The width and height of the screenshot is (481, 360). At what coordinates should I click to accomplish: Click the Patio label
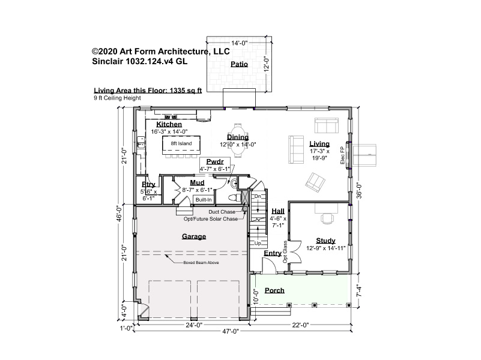[239, 64]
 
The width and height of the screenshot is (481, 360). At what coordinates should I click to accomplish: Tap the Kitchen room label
[169, 124]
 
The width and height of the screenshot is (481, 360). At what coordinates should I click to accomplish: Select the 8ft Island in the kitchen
[181, 146]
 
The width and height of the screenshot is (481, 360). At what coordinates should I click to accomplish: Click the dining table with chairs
[238, 140]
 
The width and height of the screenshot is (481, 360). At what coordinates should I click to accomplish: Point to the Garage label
[194, 236]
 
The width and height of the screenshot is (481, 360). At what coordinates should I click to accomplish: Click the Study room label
[326, 241]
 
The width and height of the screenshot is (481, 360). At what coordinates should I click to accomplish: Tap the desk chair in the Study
[327, 219]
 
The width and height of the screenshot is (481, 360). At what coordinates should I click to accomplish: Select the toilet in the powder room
[235, 197]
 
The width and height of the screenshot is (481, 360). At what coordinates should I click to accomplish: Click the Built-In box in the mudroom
[204, 200]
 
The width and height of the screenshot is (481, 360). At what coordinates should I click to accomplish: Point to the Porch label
[274, 290]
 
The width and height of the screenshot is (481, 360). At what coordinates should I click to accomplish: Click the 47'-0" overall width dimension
[231, 331]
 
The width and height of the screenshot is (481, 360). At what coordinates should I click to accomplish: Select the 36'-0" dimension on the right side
[359, 191]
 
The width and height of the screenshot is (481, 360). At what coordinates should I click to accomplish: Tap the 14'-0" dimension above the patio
[239, 43]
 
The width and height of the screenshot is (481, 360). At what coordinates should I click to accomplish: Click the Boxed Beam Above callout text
[201, 263]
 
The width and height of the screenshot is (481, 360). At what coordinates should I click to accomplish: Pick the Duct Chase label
[222, 212]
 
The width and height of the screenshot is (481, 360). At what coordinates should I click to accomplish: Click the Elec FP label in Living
[343, 155]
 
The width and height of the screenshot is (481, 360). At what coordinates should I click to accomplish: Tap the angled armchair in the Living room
[315, 182]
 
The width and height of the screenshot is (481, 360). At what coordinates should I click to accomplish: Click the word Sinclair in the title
[107, 61]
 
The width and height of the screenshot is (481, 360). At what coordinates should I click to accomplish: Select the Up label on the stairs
[258, 243]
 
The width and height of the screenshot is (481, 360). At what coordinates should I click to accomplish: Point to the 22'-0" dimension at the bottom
[300, 325]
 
